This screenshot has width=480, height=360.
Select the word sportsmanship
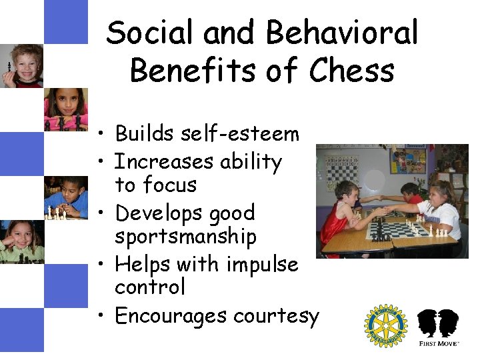click(185, 237)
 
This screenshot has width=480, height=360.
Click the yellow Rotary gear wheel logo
click(385, 326)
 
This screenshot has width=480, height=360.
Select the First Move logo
click(437, 327)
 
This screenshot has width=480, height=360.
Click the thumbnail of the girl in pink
click(66, 109)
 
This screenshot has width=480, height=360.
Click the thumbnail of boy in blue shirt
click(66, 197)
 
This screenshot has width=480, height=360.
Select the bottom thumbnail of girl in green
click(21, 241)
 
